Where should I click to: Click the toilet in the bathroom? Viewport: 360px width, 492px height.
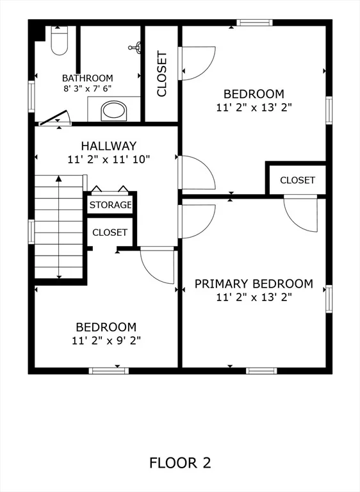pyautogui.click(x=60, y=41)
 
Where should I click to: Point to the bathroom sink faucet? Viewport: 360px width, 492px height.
pyautogui.click(x=135, y=47)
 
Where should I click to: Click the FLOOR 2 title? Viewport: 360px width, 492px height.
pyautogui.click(x=180, y=463)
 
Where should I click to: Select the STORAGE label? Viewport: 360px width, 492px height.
pyautogui.click(x=110, y=205)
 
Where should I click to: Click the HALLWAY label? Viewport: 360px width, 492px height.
pyautogui.click(x=109, y=146)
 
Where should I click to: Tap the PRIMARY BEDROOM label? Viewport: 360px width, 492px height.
pyautogui.click(x=254, y=284)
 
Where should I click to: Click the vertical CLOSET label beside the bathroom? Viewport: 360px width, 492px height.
pyautogui.click(x=162, y=74)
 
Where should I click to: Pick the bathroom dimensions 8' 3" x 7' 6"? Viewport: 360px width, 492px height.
pyautogui.click(x=88, y=88)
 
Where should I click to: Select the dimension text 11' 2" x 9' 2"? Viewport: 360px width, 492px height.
pyautogui.click(x=106, y=340)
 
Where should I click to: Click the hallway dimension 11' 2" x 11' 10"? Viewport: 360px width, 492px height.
pyautogui.click(x=109, y=160)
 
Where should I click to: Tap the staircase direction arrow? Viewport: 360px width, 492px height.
pyautogui.click(x=59, y=227)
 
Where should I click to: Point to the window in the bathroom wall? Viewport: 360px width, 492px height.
pyautogui.click(x=31, y=97)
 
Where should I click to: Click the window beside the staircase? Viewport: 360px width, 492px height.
pyautogui.click(x=31, y=232)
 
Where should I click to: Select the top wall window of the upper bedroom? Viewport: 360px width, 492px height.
pyautogui.click(x=254, y=22)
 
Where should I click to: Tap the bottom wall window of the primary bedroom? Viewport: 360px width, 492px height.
pyautogui.click(x=261, y=371)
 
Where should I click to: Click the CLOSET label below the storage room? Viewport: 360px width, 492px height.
pyautogui.click(x=110, y=233)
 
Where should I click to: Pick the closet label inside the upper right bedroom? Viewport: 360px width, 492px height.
pyautogui.click(x=297, y=180)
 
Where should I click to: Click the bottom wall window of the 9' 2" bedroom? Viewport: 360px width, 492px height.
pyautogui.click(x=109, y=371)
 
